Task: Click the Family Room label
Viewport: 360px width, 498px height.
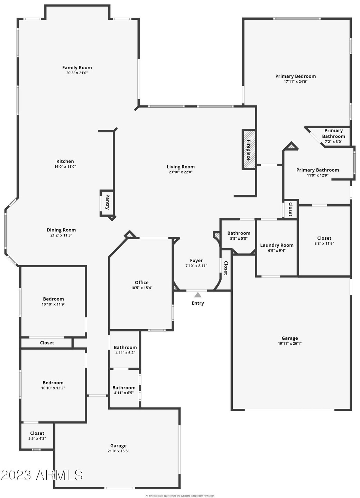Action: (77, 68)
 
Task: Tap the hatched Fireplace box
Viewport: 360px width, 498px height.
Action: (249, 149)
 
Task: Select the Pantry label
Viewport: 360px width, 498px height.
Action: (107, 202)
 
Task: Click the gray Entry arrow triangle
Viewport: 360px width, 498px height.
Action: (198, 295)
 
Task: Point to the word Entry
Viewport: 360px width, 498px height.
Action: (198, 303)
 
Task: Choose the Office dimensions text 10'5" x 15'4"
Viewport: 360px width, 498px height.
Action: (141, 288)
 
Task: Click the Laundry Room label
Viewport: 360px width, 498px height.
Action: (277, 245)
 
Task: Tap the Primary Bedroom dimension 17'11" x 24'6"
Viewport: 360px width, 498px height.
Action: (295, 82)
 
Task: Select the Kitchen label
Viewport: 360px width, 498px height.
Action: (65, 161)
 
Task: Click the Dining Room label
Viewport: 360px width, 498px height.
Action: (61, 230)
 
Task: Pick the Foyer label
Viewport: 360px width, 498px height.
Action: (196, 260)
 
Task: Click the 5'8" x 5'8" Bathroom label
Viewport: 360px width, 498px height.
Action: (239, 233)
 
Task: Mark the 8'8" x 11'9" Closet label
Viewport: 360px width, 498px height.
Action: (324, 238)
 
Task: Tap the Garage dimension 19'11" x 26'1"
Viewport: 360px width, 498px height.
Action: (289, 344)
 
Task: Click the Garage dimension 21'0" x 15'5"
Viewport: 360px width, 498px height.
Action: (118, 451)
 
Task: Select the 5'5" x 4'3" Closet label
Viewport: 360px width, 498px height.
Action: (37, 433)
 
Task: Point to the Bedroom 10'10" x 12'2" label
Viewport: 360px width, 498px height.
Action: (53, 383)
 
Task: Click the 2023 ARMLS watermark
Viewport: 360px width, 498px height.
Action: (41, 475)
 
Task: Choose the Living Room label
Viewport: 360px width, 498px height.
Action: (181, 167)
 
